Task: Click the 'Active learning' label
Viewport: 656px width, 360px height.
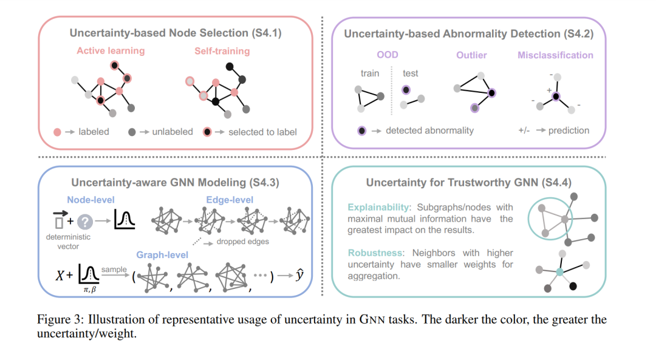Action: [x=111, y=50]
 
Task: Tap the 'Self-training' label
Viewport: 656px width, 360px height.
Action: [x=222, y=51]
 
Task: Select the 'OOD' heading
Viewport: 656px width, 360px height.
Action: [x=388, y=55]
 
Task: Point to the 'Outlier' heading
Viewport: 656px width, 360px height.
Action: [x=471, y=55]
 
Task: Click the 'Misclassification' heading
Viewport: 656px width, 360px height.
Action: [x=555, y=55]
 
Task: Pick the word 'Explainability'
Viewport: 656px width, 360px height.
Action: [x=378, y=208]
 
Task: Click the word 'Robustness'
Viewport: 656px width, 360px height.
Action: [x=375, y=253]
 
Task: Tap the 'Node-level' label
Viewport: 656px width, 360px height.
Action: [x=91, y=200]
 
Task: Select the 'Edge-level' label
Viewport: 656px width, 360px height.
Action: [x=230, y=200]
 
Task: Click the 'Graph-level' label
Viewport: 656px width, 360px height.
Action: [x=162, y=255]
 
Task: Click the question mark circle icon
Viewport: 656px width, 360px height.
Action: [x=85, y=222]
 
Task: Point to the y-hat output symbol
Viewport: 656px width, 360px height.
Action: [x=299, y=274]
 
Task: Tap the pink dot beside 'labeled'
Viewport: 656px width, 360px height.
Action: [x=57, y=132]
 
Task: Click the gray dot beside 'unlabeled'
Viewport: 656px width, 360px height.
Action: [x=132, y=132]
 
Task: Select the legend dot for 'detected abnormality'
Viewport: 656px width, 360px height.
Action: [x=362, y=131]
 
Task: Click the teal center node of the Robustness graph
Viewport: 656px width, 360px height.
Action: [x=560, y=272]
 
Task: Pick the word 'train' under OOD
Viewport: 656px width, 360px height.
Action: [x=370, y=73]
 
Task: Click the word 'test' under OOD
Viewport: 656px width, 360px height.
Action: [x=411, y=73]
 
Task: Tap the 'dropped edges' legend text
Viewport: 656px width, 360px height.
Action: [x=242, y=242]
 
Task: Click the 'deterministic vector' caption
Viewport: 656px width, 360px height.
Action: [x=68, y=242]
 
